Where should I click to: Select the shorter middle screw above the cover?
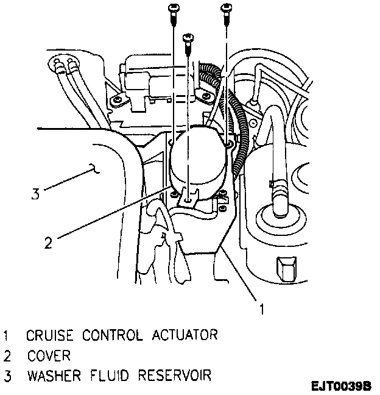pyautogui.click(x=187, y=38)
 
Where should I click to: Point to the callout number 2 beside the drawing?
pyautogui.click(x=48, y=242)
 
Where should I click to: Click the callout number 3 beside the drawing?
pyautogui.click(x=35, y=195)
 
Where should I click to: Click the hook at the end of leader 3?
pyautogui.click(x=93, y=168)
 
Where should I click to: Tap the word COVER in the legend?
pyautogui.click(x=48, y=355)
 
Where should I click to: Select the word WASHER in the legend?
pyautogui.click(x=52, y=375)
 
